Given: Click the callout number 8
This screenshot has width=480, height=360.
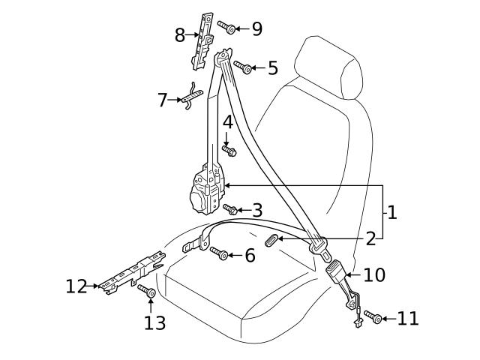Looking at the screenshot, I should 180,35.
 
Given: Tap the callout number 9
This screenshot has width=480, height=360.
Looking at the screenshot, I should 256,29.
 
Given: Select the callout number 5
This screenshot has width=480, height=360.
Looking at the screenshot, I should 272,68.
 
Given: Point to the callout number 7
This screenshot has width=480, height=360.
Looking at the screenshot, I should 163,100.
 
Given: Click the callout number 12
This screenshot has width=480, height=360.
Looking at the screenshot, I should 76,286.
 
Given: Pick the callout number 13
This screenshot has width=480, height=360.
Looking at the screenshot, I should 155,322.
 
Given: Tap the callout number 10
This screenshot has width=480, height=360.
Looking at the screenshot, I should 373,275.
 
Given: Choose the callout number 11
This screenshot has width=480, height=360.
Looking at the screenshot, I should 408,319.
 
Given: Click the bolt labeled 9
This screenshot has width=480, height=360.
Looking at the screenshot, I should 227,28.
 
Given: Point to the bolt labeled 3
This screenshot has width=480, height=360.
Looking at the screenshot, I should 230,210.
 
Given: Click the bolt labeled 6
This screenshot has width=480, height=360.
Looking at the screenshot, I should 219,253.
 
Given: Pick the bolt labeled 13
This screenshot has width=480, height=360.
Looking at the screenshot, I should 146,290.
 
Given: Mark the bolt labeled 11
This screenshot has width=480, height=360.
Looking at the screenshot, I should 376,318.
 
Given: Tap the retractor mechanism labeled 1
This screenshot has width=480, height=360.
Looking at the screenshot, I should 206,191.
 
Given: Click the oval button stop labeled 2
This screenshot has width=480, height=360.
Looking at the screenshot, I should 272,239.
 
